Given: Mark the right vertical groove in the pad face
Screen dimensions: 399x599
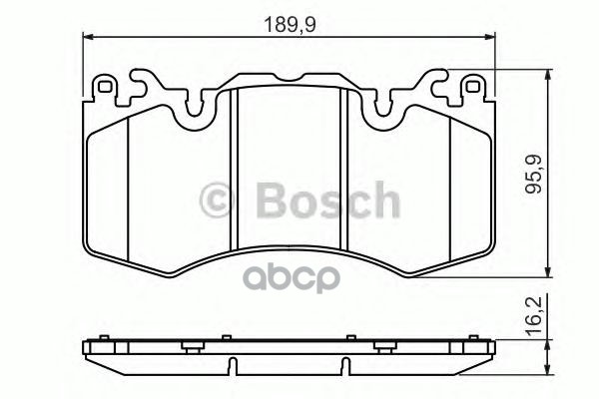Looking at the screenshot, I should (x=343, y=170).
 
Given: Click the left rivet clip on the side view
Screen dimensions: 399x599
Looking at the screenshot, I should (x=189, y=345).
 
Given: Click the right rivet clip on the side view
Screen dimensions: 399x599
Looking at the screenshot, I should (x=385, y=345).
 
